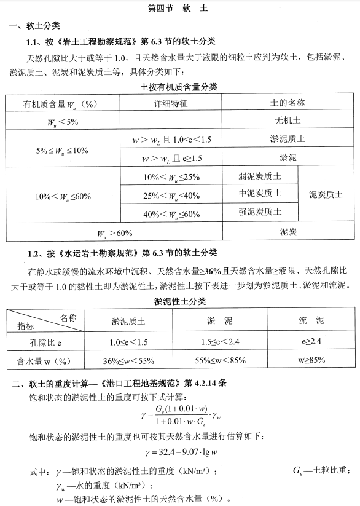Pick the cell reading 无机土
tap(288, 121)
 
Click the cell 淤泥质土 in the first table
tap(288, 140)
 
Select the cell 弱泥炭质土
tap(260, 176)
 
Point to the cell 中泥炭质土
tap(260, 194)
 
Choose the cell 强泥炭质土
tap(260, 212)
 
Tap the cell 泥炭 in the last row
tap(288, 232)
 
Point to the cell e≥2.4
tap(311, 342)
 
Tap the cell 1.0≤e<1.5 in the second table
tap(128, 342)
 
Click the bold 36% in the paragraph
tap(213, 271)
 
